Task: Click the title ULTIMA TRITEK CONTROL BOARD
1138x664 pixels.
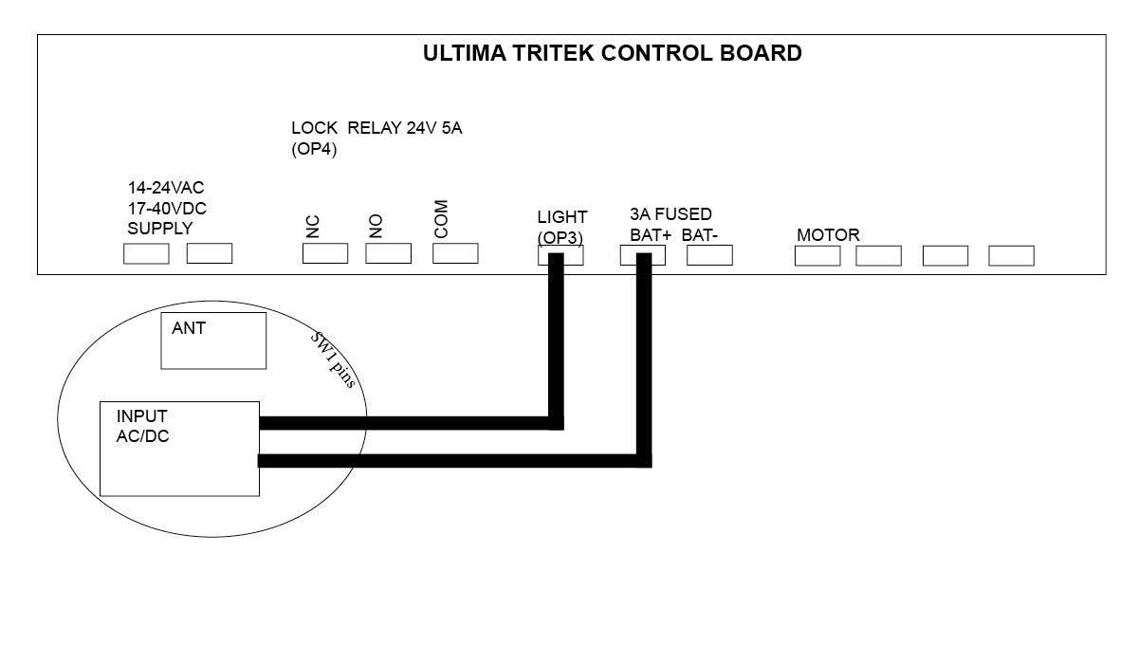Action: (613, 53)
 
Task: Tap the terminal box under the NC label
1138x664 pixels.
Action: (325, 253)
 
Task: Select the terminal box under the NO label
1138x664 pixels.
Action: (388, 253)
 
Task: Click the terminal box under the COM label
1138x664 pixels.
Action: (455, 253)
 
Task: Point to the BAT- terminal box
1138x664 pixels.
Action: (709, 255)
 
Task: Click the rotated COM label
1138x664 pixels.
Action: (441, 219)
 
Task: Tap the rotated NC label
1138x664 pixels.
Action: (313, 227)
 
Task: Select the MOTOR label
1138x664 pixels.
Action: (828, 235)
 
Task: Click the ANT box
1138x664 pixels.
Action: (213, 341)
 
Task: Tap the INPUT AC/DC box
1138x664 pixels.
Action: (179, 449)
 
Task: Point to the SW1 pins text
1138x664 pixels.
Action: (333, 360)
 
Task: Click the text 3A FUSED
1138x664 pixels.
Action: (670, 214)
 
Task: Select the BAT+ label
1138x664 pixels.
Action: (651, 235)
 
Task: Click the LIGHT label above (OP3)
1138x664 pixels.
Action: (561, 217)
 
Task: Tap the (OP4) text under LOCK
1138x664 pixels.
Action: (314, 149)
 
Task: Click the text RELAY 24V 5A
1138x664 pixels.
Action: (405, 128)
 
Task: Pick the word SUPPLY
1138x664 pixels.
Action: (160, 229)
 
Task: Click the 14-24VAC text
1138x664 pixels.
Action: (166, 188)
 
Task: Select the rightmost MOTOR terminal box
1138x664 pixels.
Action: (1012, 255)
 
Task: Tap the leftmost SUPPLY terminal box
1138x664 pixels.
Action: (146, 253)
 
